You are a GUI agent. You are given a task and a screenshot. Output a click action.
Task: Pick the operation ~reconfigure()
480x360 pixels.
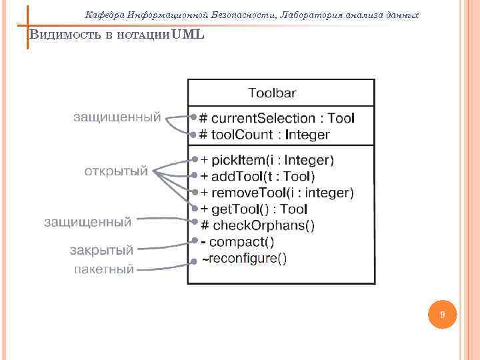click(245, 258)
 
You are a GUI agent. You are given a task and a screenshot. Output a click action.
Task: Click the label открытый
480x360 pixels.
click(116, 171)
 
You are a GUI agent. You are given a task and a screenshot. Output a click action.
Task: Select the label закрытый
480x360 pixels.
click(102, 251)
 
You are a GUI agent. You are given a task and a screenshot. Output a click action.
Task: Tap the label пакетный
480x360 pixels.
click(104, 269)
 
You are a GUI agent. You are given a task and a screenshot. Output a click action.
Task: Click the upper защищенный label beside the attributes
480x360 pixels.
click(117, 117)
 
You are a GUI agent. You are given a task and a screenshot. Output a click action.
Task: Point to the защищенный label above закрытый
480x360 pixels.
click(87, 221)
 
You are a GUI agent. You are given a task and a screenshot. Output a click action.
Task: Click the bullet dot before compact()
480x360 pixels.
click(194, 240)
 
